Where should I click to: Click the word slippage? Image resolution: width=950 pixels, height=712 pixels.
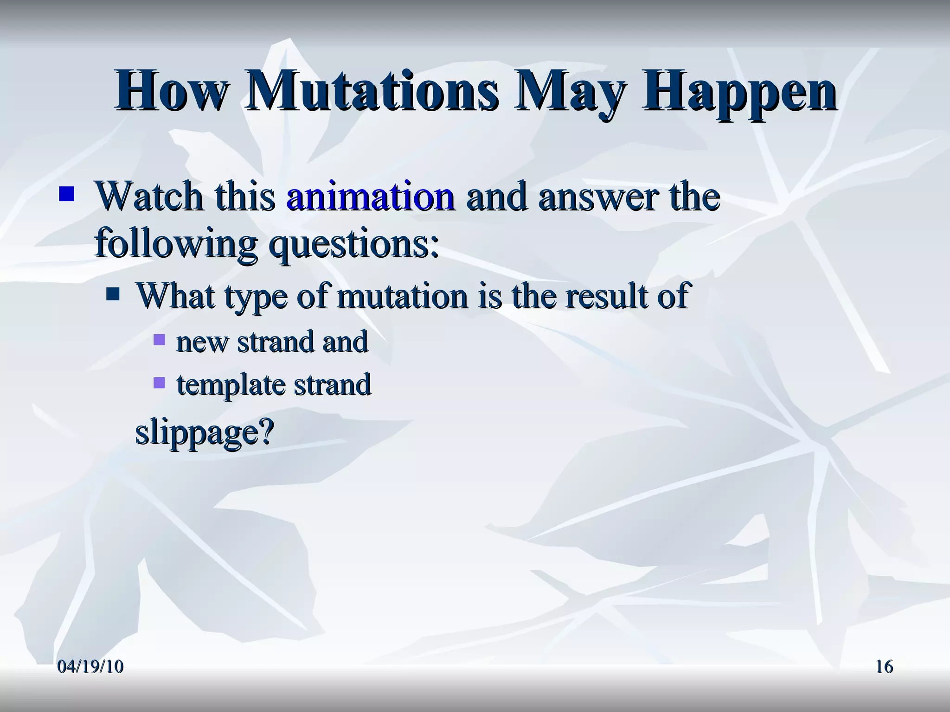205,432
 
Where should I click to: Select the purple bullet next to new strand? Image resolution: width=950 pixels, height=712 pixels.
159,340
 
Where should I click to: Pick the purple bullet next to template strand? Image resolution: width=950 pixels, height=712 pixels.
159,382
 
